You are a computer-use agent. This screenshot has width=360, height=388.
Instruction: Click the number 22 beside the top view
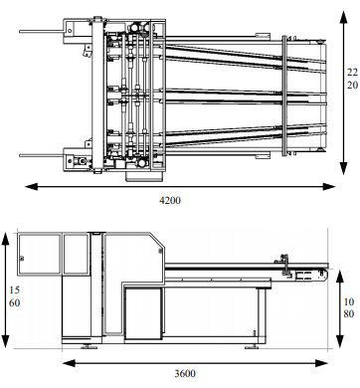pyautogui.click(x=350, y=73)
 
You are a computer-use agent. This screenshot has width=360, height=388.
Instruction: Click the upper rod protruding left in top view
pyautogui.click(x=40, y=33)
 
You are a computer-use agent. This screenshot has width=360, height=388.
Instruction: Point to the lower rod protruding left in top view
pyautogui.click(x=40, y=153)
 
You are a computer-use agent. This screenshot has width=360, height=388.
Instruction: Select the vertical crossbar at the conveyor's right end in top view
pyautogui.click(x=287, y=97)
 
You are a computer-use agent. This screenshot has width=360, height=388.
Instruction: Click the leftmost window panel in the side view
pyautogui.click(x=40, y=257)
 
